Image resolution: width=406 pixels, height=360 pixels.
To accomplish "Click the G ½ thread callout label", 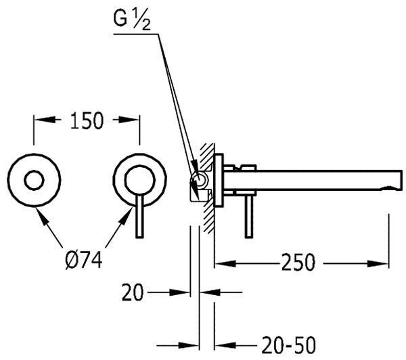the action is pos(132,20).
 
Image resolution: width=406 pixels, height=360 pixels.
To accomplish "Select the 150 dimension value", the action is pos(87,120).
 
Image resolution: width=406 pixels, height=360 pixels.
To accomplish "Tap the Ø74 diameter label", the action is pos(84,261).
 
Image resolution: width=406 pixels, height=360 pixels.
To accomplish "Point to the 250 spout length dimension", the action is pos(298,262).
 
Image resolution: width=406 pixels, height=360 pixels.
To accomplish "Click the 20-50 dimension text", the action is pos(289,345).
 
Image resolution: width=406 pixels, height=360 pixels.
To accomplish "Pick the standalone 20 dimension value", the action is pos(133,292).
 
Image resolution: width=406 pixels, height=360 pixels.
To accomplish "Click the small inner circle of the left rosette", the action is pos(34,180).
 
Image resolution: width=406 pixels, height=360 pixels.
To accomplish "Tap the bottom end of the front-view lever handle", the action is pos(140,237).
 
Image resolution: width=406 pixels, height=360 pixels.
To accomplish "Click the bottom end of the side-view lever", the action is pos(249,237).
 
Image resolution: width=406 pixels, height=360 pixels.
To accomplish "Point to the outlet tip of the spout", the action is pos(401,181).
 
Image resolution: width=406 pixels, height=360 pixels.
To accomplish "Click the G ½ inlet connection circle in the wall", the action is pos(200,180).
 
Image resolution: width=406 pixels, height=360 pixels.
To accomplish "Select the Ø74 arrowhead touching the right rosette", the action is pos(126,218).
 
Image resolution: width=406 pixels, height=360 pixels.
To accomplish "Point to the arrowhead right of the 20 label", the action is pos(210,292).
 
